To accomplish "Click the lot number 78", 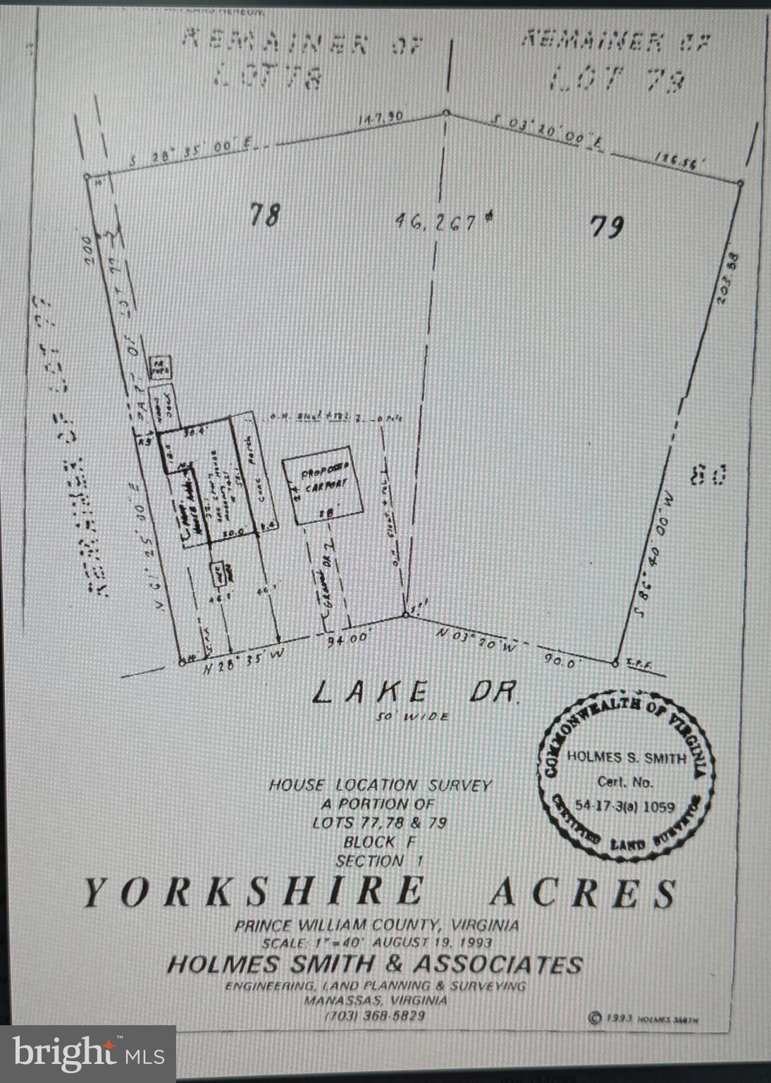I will (x=265, y=214).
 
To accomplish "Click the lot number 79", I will (x=606, y=226).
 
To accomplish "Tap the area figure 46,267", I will (x=443, y=222).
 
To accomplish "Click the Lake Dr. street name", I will (x=415, y=692).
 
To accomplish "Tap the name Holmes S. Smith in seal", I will (x=626, y=757).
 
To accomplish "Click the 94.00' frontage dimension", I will (x=348, y=639).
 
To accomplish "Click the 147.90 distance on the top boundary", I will (x=381, y=118).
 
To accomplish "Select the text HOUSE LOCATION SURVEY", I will (x=379, y=785).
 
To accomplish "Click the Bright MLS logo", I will (x=88, y=1053).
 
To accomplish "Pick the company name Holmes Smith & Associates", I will (x=374, y=965).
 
